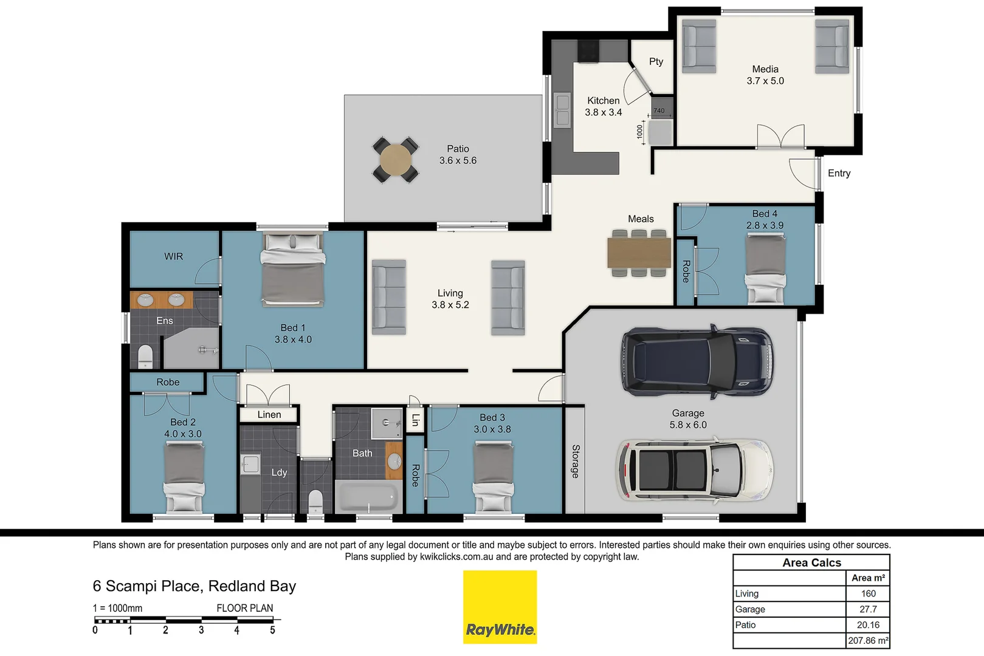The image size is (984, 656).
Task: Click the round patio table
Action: click(x=396, y=160)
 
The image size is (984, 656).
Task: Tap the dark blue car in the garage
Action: click(x=697, y=362)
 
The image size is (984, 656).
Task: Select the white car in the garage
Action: click(x=695, y=470)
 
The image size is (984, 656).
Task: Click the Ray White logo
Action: click(x=500, y=607)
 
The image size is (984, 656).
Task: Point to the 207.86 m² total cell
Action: click(x=868, y=640)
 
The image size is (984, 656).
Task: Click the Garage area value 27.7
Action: click(x=868, y=609)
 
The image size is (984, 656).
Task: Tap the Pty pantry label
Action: click(x=656, y=61)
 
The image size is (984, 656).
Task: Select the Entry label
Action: click(x=839, y=173)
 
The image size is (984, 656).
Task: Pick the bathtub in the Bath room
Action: click(x=367, y=496)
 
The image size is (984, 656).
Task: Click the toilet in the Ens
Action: click(x=145, y=356)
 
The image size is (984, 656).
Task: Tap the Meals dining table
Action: click(x=639, y=253)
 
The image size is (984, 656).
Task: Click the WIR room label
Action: click(x=173, y=256)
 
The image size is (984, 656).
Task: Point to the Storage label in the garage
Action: click(x=575, y=461)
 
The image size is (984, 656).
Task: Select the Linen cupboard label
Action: click(x=269, y=414)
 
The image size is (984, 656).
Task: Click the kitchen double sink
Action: click(x=562, y=110)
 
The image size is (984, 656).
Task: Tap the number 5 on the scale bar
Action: click(x=272, y=630)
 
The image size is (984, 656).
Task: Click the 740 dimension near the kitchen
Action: click(x=659, y=111)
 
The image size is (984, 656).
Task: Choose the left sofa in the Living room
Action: click(x=389, y=297)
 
